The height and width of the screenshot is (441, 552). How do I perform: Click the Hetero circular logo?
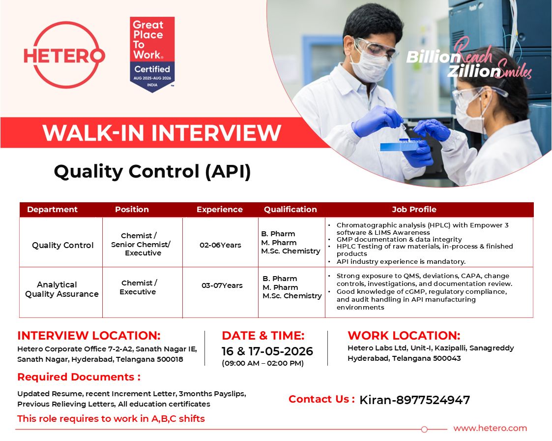(64, 55)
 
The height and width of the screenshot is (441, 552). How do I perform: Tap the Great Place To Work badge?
(152, 54)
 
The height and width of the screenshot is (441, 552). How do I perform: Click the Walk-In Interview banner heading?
(162, 133)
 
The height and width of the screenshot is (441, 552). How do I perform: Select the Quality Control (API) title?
(152, 172)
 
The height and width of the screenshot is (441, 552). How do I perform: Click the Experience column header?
(220, 209)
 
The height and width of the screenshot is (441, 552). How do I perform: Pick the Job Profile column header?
(414, 209)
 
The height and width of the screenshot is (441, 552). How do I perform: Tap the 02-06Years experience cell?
(220, 245)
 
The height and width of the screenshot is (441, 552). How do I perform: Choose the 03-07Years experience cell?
(222, 285)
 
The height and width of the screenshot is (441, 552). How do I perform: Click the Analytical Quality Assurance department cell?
(61, 289)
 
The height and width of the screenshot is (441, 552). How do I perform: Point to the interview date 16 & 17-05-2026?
(267, 351)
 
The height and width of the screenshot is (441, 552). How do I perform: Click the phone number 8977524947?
(433, 400)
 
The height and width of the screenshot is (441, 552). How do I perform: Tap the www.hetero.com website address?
(490, 428)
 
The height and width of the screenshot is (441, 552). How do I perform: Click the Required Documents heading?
(79, 377)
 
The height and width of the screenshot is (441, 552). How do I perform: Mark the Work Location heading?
(404, 335)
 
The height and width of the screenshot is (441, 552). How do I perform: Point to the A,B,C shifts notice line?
(111, 419)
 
